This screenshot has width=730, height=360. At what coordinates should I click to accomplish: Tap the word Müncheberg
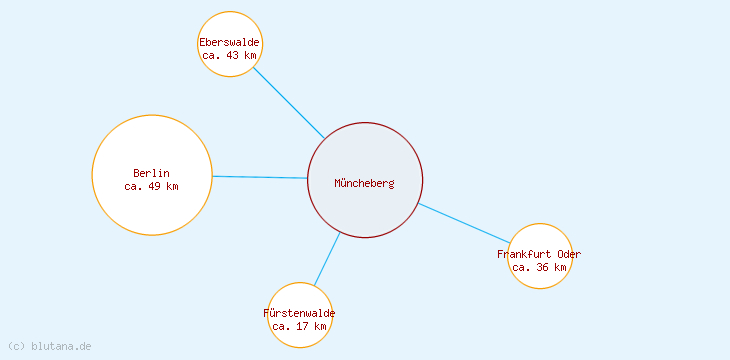[364, 183]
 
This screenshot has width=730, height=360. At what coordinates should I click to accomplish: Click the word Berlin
[151, 173]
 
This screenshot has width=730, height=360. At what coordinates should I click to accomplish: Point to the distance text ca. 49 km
[151, 186]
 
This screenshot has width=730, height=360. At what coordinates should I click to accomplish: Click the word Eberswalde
[229, 42]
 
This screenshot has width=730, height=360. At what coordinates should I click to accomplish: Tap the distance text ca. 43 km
[229, 56]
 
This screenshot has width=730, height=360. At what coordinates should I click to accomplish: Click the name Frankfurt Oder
[539, 254]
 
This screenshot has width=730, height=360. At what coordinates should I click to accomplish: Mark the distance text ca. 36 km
[539, 267]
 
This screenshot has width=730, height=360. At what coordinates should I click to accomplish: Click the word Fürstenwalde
[299, 313]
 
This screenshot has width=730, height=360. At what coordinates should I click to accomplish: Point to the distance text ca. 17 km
[299, 326]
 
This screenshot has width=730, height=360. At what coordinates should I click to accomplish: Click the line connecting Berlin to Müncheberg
[260, 177]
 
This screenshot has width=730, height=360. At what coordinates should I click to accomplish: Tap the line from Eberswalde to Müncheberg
[288, 102]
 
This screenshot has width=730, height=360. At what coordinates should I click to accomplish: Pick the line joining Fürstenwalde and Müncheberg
[327, 259]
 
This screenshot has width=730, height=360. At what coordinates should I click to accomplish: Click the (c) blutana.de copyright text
[49, 346]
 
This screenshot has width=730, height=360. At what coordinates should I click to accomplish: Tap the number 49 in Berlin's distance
[157, 186]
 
